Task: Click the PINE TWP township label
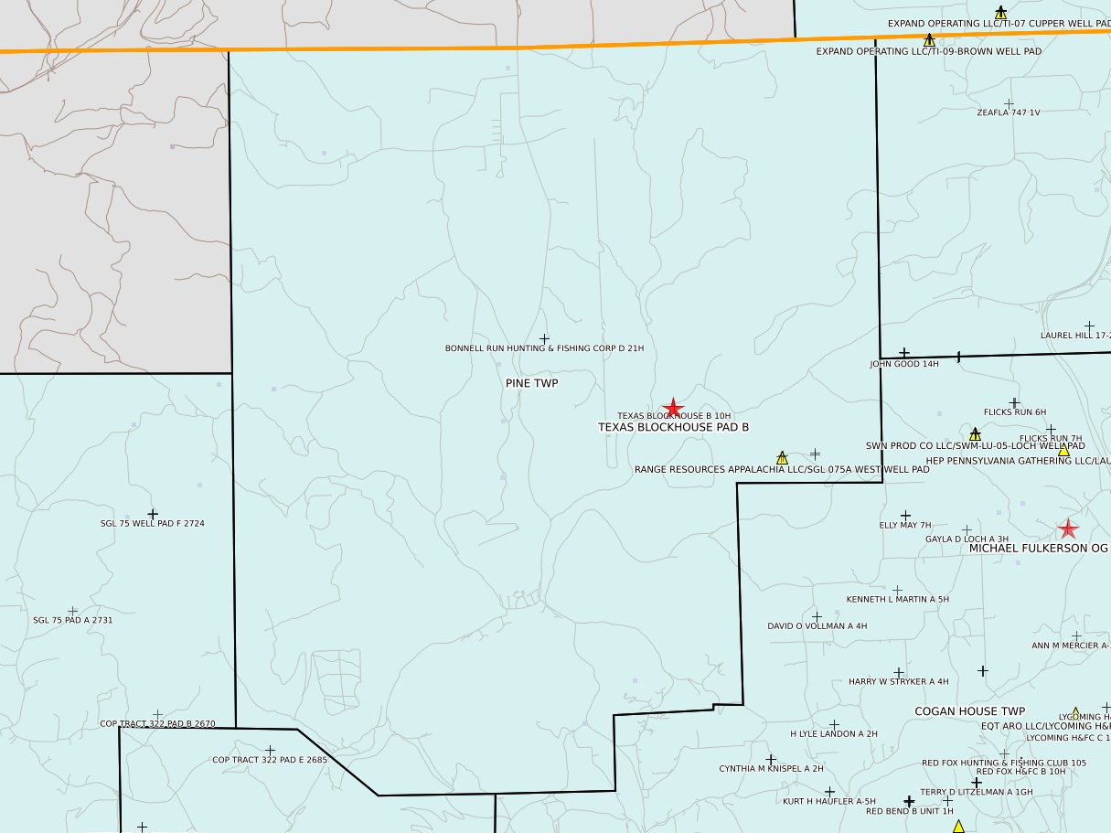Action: point(531,383)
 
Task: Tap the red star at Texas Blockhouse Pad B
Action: point(673,408)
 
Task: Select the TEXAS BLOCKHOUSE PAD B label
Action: point(673,427)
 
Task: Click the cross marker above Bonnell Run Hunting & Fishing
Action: point(545,339)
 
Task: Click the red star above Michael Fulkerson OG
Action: point(1067,529)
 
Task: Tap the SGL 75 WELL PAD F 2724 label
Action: point(153,524)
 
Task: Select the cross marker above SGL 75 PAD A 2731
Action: point(73,611)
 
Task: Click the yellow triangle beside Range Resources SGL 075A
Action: point(782,457)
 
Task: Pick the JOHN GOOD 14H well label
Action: point(904,364)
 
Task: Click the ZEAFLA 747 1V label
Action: point(1009,112)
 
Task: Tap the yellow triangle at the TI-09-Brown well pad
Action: point(929,40)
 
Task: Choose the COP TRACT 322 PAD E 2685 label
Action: point(270,760)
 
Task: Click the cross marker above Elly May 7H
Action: point(906,516)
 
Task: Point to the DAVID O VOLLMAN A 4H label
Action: point(817,626)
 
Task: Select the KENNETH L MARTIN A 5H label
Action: point(898,599)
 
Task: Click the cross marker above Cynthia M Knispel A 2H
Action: point(771,759)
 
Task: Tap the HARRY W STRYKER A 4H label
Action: point(898,681)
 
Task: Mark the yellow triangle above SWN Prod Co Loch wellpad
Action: point(975,434)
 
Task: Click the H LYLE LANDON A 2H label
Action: point(833,733)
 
